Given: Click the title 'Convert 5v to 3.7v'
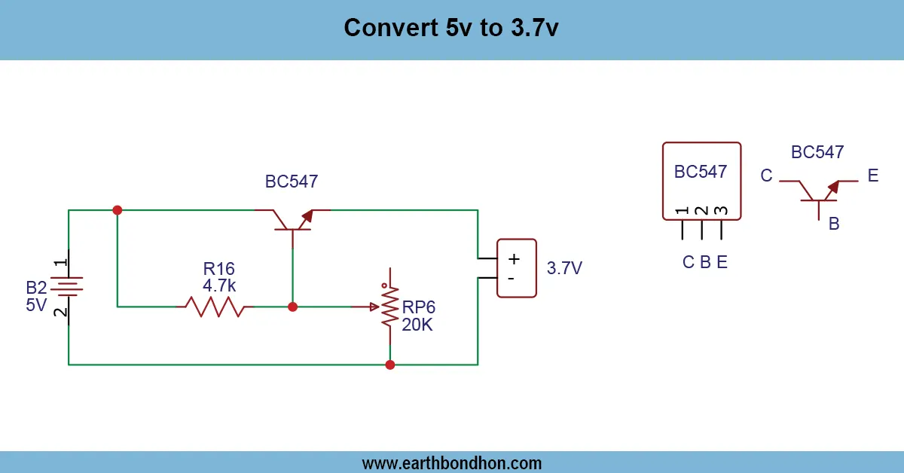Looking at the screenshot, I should pyautogui.click(x=451, y=28).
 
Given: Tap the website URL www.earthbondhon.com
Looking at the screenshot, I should pyautogui.click(x=451, y=462).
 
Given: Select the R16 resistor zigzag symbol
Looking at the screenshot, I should pyautogui.click(x=215, y=307).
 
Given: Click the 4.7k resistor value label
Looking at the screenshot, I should pyautogui.click(x=219, y=285).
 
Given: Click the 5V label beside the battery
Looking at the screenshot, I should pyautogui.click(x=36, y=305).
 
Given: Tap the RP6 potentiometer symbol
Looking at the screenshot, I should pyautogui.click(x=389, y=307).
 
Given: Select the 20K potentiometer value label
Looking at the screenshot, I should pyautogui.click(x=417, y=324).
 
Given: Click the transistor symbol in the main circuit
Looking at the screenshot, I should pyautogui.click(x=292, y=218).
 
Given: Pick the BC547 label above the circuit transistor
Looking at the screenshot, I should pyautogui.click(x=292, y=182).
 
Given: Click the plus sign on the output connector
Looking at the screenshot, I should pyautogui.click(x=514, y=259).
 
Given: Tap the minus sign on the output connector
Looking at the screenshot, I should pyautogui.click(x=512, y=279).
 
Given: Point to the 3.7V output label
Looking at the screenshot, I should pyautogui.click(x=564, y=268).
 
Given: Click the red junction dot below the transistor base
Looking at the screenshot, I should pyautogui.click(x=293, y=307).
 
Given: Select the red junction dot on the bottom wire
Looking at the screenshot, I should pyautogui.click(x=389, y=365).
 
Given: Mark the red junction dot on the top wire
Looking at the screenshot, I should pyautogui.click(x=117, y=210).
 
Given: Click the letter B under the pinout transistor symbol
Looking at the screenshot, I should pyautogui.click(x=834, y=224).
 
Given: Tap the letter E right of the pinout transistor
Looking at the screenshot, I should pyautogui.click(x=872, y=176).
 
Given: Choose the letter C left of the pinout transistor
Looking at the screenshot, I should pyautogui.click(x=766, y=176).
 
